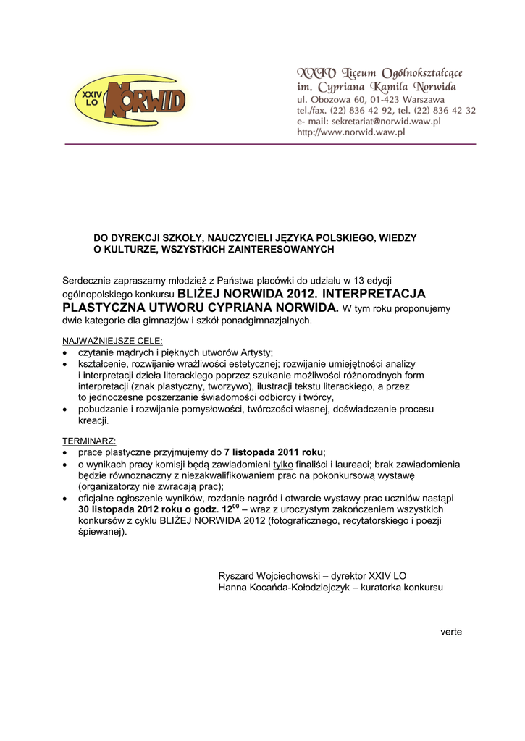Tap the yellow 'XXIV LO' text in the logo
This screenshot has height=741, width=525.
click(92, 98)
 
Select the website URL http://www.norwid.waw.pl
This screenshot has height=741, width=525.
click(350, 132)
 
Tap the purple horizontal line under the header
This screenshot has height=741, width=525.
click(271, 145)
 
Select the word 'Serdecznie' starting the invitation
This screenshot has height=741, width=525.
click(86, 280)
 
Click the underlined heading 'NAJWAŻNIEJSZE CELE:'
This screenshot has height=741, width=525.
click(112, 340)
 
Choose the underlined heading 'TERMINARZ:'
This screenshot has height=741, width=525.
click(89, 440)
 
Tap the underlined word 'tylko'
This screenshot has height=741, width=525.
click(283, 464)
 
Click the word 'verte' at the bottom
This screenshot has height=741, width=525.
click(450, 632)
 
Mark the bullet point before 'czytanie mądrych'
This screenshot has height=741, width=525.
click(65, 353)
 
